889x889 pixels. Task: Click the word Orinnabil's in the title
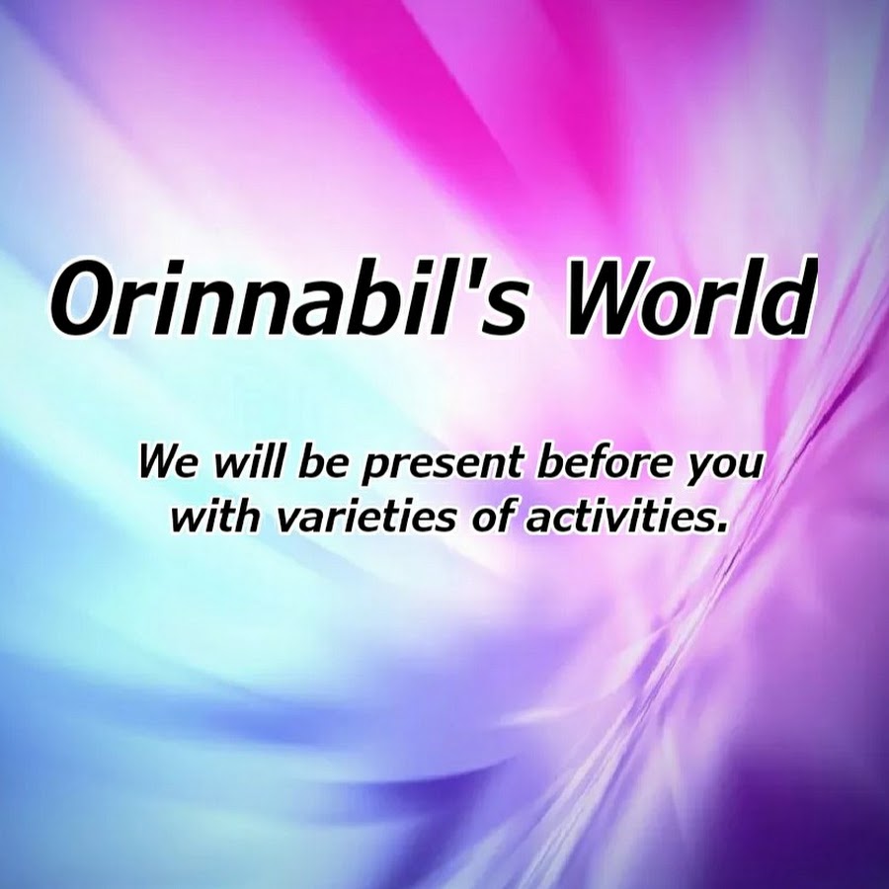(x=289, y=297)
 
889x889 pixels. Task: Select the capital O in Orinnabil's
(x=85, y=298)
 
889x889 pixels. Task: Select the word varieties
(x=365, y=516)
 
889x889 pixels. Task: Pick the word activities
(x=618, y=516)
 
